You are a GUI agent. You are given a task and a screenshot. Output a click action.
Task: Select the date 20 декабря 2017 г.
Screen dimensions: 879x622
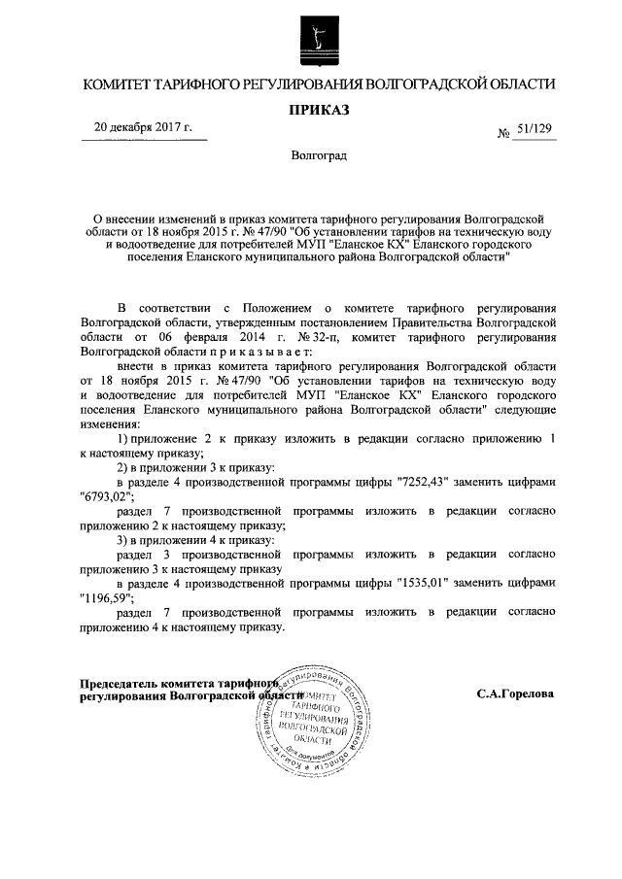tap(143, 127)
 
